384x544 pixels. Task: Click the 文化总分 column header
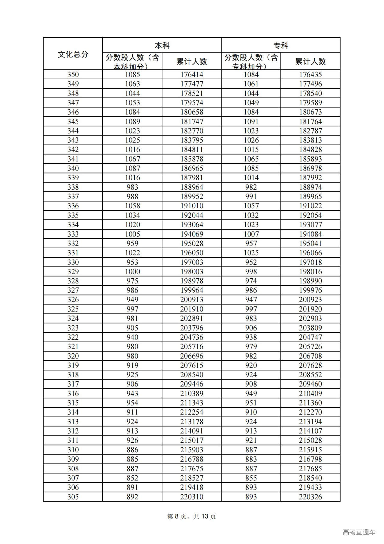[73, 54]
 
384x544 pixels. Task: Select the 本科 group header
[162, 45]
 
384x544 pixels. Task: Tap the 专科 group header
[281, 45]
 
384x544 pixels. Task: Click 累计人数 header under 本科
[192, 62]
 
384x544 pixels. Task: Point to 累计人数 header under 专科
[310, 62]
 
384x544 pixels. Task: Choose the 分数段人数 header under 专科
[251, 62]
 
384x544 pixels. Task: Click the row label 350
[73, 75]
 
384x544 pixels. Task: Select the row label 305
[73, 497]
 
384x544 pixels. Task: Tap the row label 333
[73, 234]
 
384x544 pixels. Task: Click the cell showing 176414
[192, 75]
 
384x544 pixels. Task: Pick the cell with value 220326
[310, 497]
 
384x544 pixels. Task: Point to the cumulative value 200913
[192, 300]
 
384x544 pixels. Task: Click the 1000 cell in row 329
[132, 272]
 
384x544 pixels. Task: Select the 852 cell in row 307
[132, 478]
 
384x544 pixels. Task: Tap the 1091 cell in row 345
[251, 121]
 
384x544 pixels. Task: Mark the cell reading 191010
[192, 206]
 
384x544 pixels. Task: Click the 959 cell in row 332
[132, 243]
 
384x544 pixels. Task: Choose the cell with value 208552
[310, 375]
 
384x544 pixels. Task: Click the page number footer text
[191, 516]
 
